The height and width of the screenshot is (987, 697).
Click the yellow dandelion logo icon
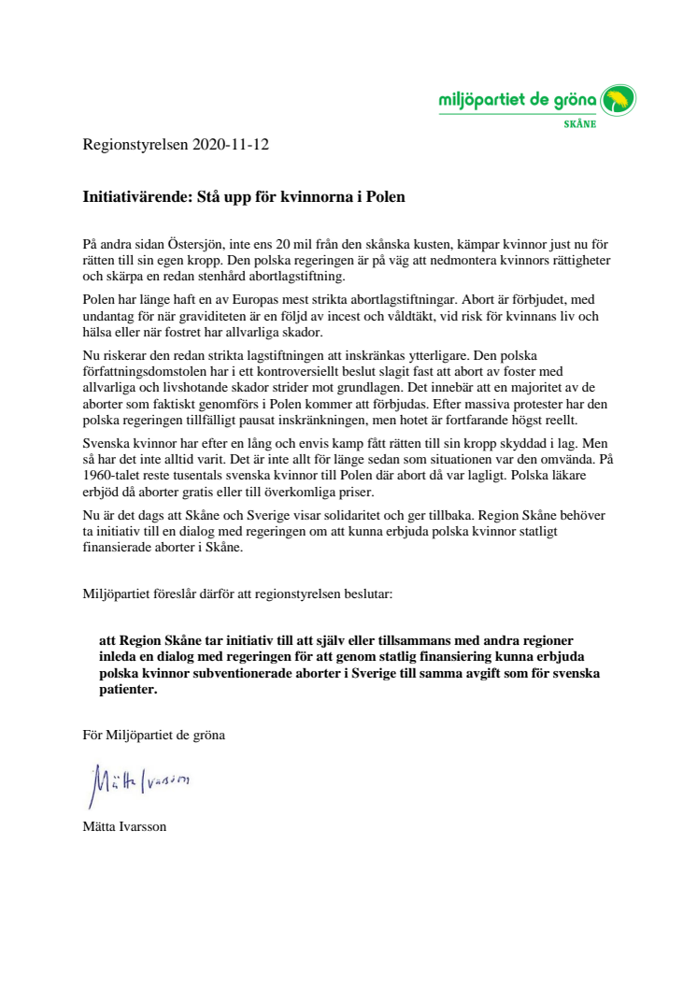point(618,99)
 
